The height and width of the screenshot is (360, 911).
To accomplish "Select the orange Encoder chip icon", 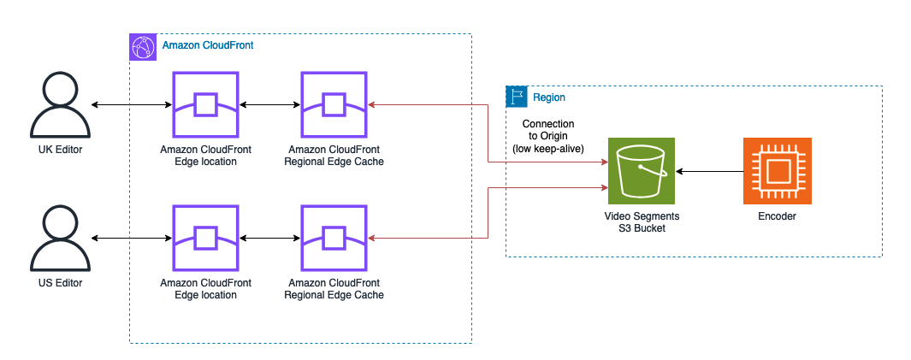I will coord(777,170).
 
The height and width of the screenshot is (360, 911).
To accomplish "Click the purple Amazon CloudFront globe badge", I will coord(141,47).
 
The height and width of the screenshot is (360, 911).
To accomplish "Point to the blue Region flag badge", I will coord(517,97).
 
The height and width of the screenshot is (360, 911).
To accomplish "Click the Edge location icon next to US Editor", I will coord(205,238).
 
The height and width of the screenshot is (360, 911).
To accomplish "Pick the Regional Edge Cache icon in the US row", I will coord(334,238).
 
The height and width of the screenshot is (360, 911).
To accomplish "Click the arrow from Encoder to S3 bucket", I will coord(709,171).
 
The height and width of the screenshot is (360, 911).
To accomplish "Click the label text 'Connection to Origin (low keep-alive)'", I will coord(547,137).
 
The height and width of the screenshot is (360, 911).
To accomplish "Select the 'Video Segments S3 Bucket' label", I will coord(642,222).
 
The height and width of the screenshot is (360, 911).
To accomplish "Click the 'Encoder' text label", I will coord(777,216).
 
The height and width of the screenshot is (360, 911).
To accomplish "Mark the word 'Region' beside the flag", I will coord(548,97).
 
